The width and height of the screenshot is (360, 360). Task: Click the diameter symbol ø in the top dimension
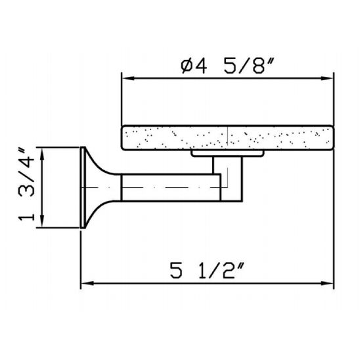pos(186,66)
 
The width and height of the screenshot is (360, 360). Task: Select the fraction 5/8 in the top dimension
pos(241,66)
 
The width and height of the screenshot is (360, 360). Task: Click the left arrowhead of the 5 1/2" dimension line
pos(85,284)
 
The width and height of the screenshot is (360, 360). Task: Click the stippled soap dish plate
pos(227,137)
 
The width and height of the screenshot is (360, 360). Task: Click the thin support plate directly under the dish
pos(227,154)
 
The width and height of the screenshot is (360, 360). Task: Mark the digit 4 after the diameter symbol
pos(200,66)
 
